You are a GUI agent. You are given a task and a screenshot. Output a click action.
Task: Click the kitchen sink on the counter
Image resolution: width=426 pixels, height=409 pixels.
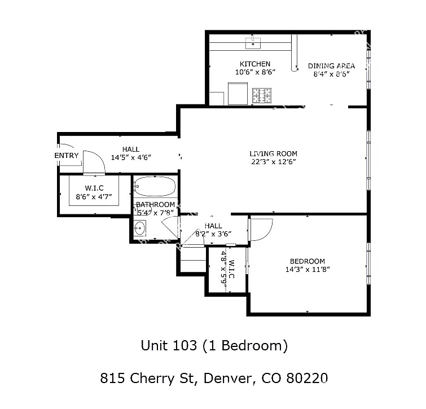pos(253,43)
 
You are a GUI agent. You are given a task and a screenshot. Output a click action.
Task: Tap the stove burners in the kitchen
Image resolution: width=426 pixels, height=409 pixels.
pos(262,95)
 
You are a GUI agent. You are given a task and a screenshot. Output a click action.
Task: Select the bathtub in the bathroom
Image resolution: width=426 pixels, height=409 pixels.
pos(155,186)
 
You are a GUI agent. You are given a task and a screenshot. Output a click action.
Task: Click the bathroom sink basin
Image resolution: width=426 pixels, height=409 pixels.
pos(139,228)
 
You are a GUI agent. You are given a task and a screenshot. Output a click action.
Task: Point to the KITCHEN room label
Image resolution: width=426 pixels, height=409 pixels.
pos(255,64)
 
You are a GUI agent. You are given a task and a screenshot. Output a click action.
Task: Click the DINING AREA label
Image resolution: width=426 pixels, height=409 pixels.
pos(331,66)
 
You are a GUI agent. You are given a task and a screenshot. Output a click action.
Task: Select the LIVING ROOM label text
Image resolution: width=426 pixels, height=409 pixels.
pos(273,153)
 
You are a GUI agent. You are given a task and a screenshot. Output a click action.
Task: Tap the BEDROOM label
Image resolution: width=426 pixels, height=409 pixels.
pos(308,261)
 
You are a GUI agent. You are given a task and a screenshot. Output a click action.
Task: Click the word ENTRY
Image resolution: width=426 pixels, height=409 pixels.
pos(67,156)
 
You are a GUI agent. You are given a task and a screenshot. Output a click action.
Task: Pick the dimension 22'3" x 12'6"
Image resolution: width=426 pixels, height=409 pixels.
pos(273,162)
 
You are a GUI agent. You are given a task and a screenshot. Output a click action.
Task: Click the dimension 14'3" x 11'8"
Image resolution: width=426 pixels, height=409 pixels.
pos(308,270)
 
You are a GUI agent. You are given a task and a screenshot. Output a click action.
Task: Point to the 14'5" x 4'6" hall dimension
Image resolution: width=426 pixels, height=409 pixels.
pos(131,157)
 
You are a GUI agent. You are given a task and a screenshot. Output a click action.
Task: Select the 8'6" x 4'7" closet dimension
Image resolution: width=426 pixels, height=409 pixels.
pos(94,197)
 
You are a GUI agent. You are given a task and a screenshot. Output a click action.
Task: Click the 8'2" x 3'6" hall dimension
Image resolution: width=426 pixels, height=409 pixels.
pos(213,234)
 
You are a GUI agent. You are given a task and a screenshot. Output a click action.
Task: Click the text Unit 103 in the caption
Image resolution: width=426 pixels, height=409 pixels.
pos(169,345)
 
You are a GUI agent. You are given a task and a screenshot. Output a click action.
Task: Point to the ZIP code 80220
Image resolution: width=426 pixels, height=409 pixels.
pos(307,378)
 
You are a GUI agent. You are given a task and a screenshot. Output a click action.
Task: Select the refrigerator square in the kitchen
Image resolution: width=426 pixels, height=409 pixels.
pos(238,94)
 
